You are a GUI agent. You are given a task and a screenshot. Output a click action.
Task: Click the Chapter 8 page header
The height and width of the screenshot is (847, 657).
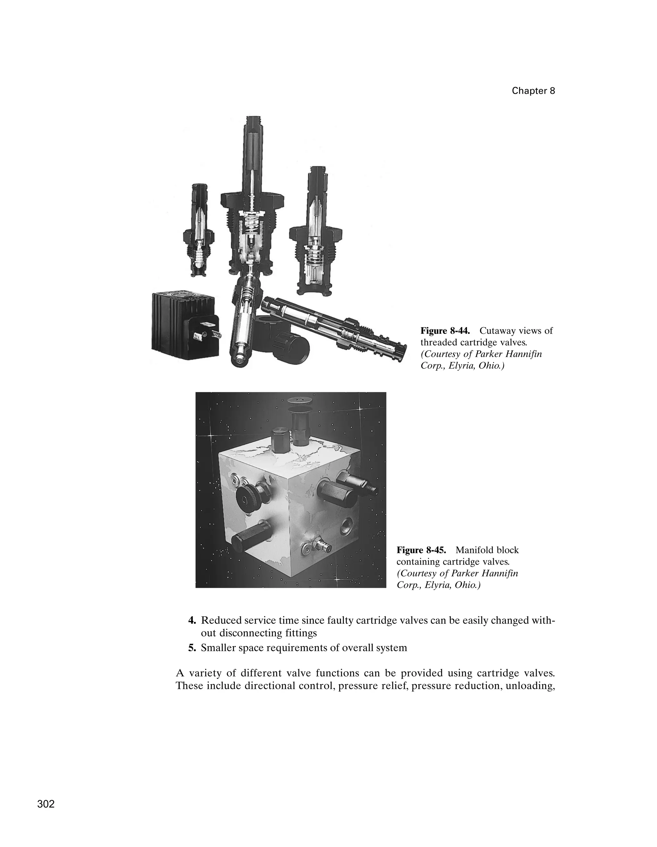(533, 91)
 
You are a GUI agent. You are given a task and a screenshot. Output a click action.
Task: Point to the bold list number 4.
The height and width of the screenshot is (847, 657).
(192, 621)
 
